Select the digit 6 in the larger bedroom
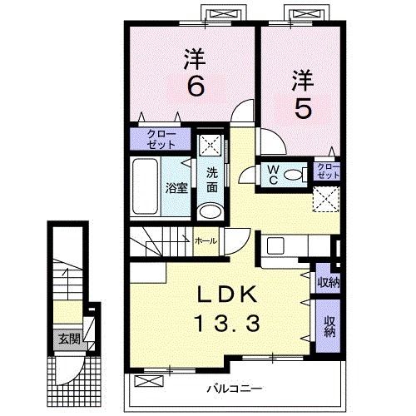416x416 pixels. [x=195, y=86]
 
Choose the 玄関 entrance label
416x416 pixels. [x=67, y=339]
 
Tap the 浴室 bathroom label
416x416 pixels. [x=176, y=188]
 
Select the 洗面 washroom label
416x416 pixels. [x=212, y=181]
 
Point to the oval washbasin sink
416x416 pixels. [x=212, y=211]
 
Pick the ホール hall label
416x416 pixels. [x=206, y=240]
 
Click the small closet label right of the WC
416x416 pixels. [x=328, y=171]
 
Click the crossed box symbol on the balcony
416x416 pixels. [x=147, y=380]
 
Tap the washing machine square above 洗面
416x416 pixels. [x=212, y=143]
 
